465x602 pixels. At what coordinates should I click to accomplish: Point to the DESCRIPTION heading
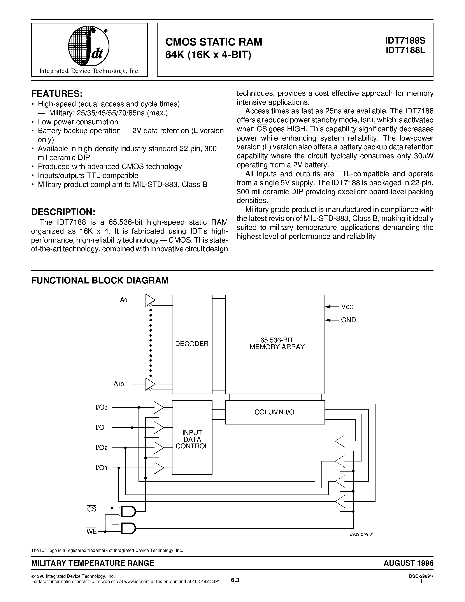[x=63, y=212]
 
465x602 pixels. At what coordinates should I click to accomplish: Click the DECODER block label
[x=192, y=344]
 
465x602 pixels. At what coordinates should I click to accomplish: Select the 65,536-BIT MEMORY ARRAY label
[x=277, y=343]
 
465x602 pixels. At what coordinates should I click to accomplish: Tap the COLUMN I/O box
[x=275, y=412]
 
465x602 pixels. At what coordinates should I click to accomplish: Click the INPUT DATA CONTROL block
[x=192, y=439]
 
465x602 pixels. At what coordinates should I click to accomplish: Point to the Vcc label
[x=347, y=307]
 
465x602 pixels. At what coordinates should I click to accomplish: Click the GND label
[x=348, y=320]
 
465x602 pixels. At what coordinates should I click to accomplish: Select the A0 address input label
[x=123, y=300]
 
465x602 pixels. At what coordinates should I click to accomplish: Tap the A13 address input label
[x=119, y=384]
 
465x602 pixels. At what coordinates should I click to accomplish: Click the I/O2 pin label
[x=101, y=448]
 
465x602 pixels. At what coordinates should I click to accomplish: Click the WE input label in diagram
[x=91, y=531]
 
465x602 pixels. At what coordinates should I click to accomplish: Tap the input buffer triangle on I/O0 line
[x=158, y=407]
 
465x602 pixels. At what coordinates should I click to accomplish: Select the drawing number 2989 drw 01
[x=361, y=542]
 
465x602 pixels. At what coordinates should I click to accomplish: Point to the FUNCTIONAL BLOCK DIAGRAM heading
[x=100, y=280]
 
